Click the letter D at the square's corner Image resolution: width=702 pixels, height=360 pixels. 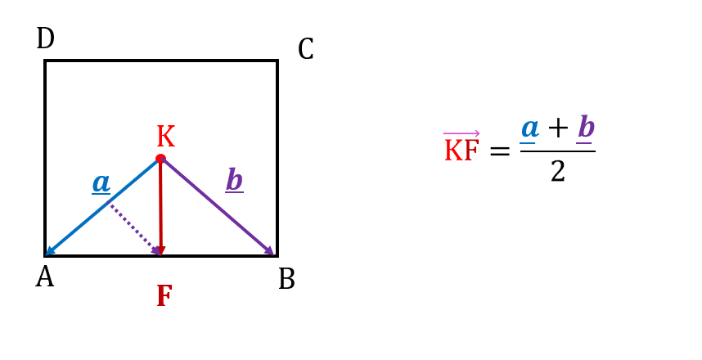tap(45, 38)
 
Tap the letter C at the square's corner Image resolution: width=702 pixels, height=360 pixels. tap(306, 49)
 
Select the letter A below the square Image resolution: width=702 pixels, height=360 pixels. tap(45, 277)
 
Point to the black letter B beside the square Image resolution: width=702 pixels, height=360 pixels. tap(286, 279)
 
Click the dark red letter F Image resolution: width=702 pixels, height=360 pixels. tap(164, 296)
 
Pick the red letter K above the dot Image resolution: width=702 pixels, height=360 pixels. tap(165, 137)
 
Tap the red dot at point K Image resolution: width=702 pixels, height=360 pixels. tap(160, 159)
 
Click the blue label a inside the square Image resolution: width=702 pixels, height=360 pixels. tap(101, 183)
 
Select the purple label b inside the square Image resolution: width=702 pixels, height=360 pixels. tap(235, 180)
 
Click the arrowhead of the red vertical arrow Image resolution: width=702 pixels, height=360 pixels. tap(160, 250)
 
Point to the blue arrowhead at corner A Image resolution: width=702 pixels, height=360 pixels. tap(50, 252)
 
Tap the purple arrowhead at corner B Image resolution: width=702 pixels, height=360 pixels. tap(269, 250)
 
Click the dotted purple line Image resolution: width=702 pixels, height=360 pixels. tap(133, 227)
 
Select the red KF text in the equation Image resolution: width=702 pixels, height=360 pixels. tap(461, 151)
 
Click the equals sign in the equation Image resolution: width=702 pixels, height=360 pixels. tap(500, 151)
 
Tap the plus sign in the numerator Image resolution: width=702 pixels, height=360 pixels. tap(558, 128)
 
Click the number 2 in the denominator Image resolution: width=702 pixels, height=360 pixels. tap(558, 172)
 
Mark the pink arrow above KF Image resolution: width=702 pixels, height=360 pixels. tap(461, 133)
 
